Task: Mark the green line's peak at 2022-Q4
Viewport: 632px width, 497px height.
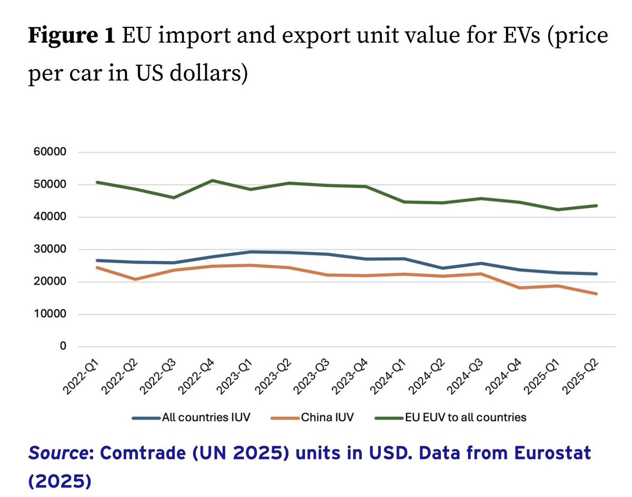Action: pos(212,181)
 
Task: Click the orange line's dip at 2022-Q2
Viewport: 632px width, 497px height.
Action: pos(136,279)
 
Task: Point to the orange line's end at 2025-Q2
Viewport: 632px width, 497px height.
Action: pos(597,294)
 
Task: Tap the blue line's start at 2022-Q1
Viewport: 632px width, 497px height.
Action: pos(97,260)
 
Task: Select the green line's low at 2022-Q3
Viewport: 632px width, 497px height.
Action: pos(174,198)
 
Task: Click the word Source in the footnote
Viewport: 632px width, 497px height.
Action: pos(52,452)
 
